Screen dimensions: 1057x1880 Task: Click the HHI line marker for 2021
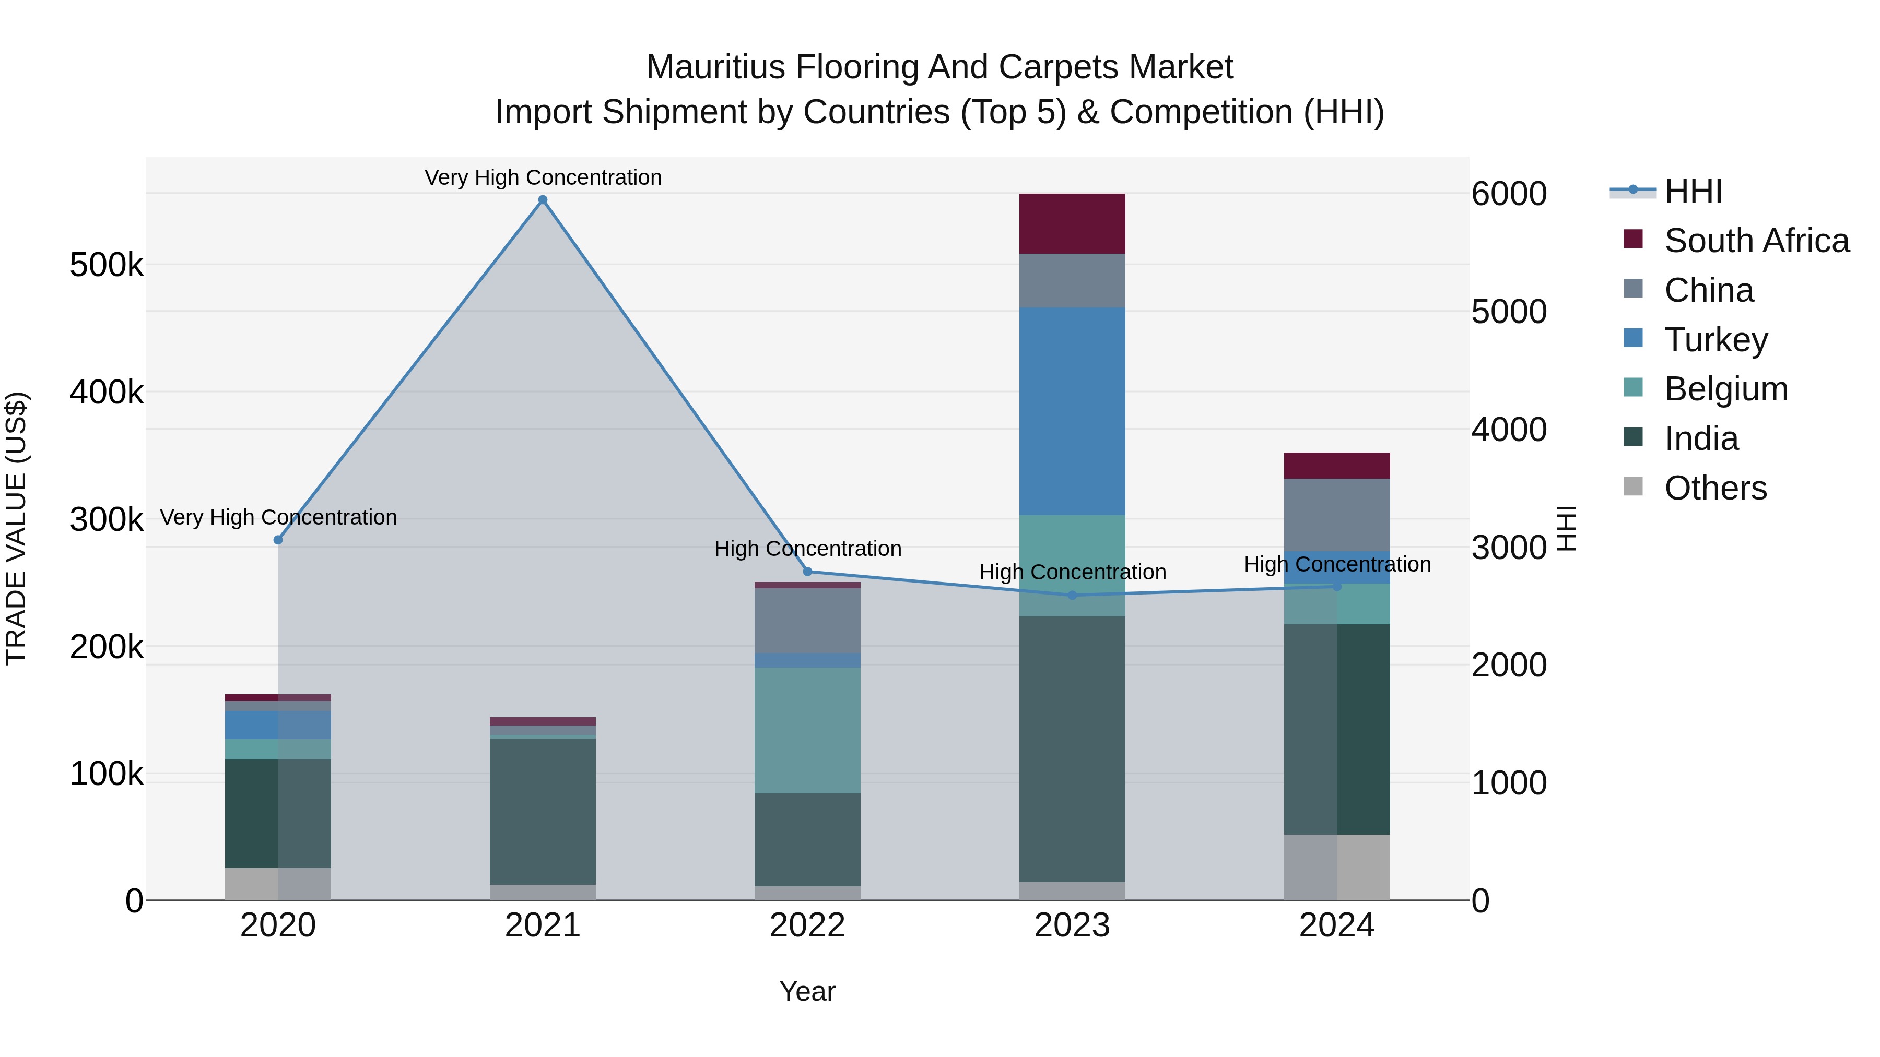(542, 200)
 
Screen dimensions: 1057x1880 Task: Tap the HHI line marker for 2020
(278, 540)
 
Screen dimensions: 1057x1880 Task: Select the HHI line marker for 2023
(1072, 595)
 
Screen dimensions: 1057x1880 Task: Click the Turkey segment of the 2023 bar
(1072, 411)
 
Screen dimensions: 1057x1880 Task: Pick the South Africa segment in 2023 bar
(1072, 223)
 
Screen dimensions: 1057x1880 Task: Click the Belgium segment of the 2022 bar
(807, 730)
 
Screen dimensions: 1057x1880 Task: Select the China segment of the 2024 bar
(1337, 514)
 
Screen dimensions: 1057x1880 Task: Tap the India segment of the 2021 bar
(542, 811)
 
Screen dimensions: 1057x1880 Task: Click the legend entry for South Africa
(1756, 241)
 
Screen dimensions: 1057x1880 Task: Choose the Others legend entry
(1715, 488)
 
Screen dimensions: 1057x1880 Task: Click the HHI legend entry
(1693, 191)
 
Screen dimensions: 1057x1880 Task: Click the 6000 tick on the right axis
(1509, 194)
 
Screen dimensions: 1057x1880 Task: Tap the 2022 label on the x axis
(807, 925)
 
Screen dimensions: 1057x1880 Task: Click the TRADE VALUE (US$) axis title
(17, 528)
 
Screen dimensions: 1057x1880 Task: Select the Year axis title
(807, 991)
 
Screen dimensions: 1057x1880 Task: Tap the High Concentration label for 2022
(808, 549)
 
